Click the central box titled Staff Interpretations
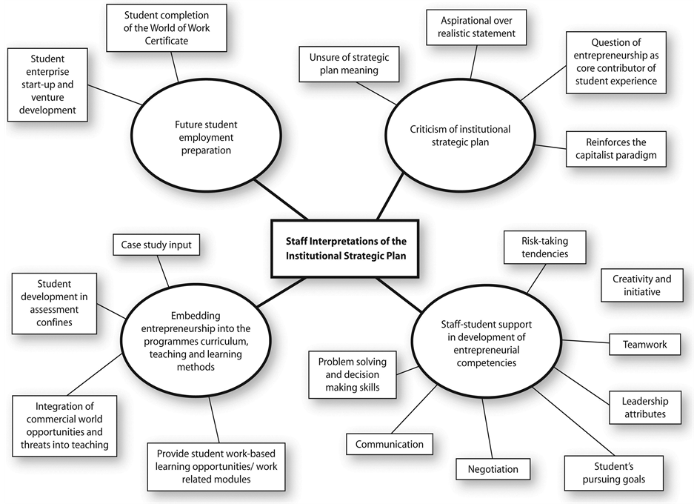[x=346, y=248]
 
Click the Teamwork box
[x=644, y=344]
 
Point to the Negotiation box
[x=493, y=468]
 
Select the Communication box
[x=389, y=444]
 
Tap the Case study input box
[x=156, y=244]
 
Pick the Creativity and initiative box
[x=641, y=285]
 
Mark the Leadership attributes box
[x=644, y=408]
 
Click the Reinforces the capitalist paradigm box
[x=615, y=149]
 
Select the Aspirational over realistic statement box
[x=472, y=27]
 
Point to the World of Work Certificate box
[x=166, y=28]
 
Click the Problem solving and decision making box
[x=353, y=374]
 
